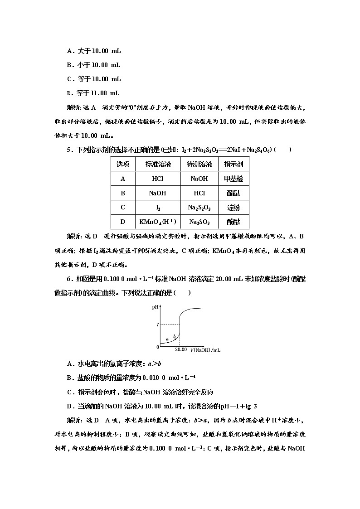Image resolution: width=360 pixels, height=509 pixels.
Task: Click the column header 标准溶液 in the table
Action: click(x=157, y=164)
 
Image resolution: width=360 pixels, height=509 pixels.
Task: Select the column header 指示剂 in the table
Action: click(x=234, y=164)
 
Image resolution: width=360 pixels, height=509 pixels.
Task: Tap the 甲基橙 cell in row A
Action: click(x=234, y=179)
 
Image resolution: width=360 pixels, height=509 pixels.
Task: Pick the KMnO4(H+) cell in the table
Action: click(x=157, y=222)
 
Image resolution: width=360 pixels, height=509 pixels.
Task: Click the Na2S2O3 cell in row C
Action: click(x=199, y=208)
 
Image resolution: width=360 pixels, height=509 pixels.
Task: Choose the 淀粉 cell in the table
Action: click(x=234, y=208)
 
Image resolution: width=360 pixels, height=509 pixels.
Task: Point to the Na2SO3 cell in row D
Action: click(x=199, y=222)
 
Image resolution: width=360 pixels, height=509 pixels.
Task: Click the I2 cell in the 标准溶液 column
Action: click(x=157, y=208)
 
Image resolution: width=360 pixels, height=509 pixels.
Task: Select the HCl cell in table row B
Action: click(x=199, y=193)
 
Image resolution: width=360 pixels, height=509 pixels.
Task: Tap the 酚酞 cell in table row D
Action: click(x=234, y=222)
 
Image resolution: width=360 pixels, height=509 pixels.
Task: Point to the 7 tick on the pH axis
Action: click(x=157, y=325)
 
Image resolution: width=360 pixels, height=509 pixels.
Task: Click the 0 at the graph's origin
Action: click(x=157, y=347)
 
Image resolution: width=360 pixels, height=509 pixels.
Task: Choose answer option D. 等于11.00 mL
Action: click(x=93, y=93)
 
